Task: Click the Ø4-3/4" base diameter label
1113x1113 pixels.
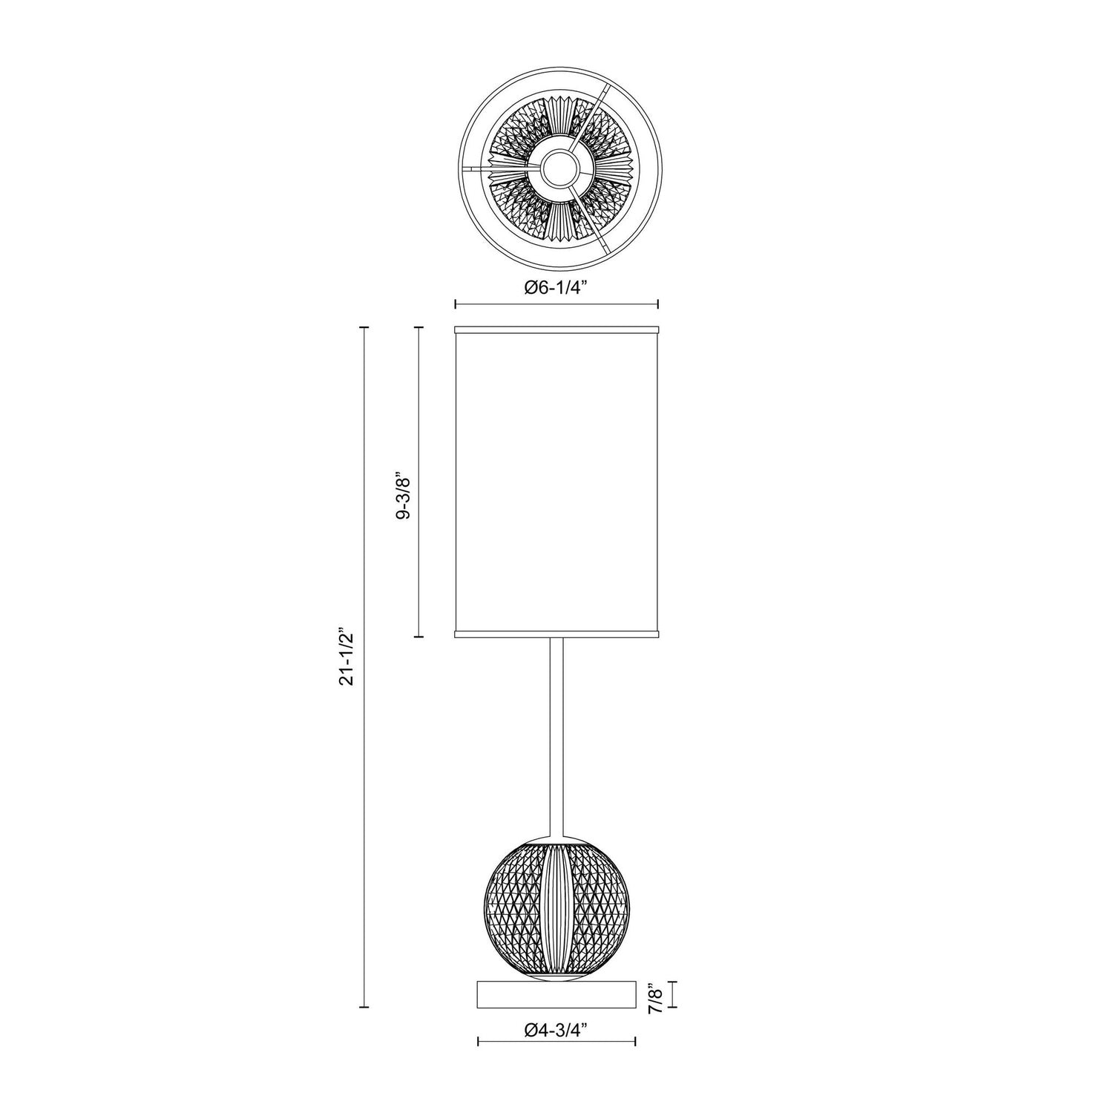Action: tap(556, 1029)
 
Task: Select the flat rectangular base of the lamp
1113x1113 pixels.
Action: tap(556, 994)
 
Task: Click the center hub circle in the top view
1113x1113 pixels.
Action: tap(556, 171)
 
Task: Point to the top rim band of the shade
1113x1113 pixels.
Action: tap(556, 327)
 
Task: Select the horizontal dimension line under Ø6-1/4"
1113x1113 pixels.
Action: tap(556, 303)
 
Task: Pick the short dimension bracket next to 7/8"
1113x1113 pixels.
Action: tap(673, 994)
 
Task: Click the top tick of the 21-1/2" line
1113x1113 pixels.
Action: tap(364, 326)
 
